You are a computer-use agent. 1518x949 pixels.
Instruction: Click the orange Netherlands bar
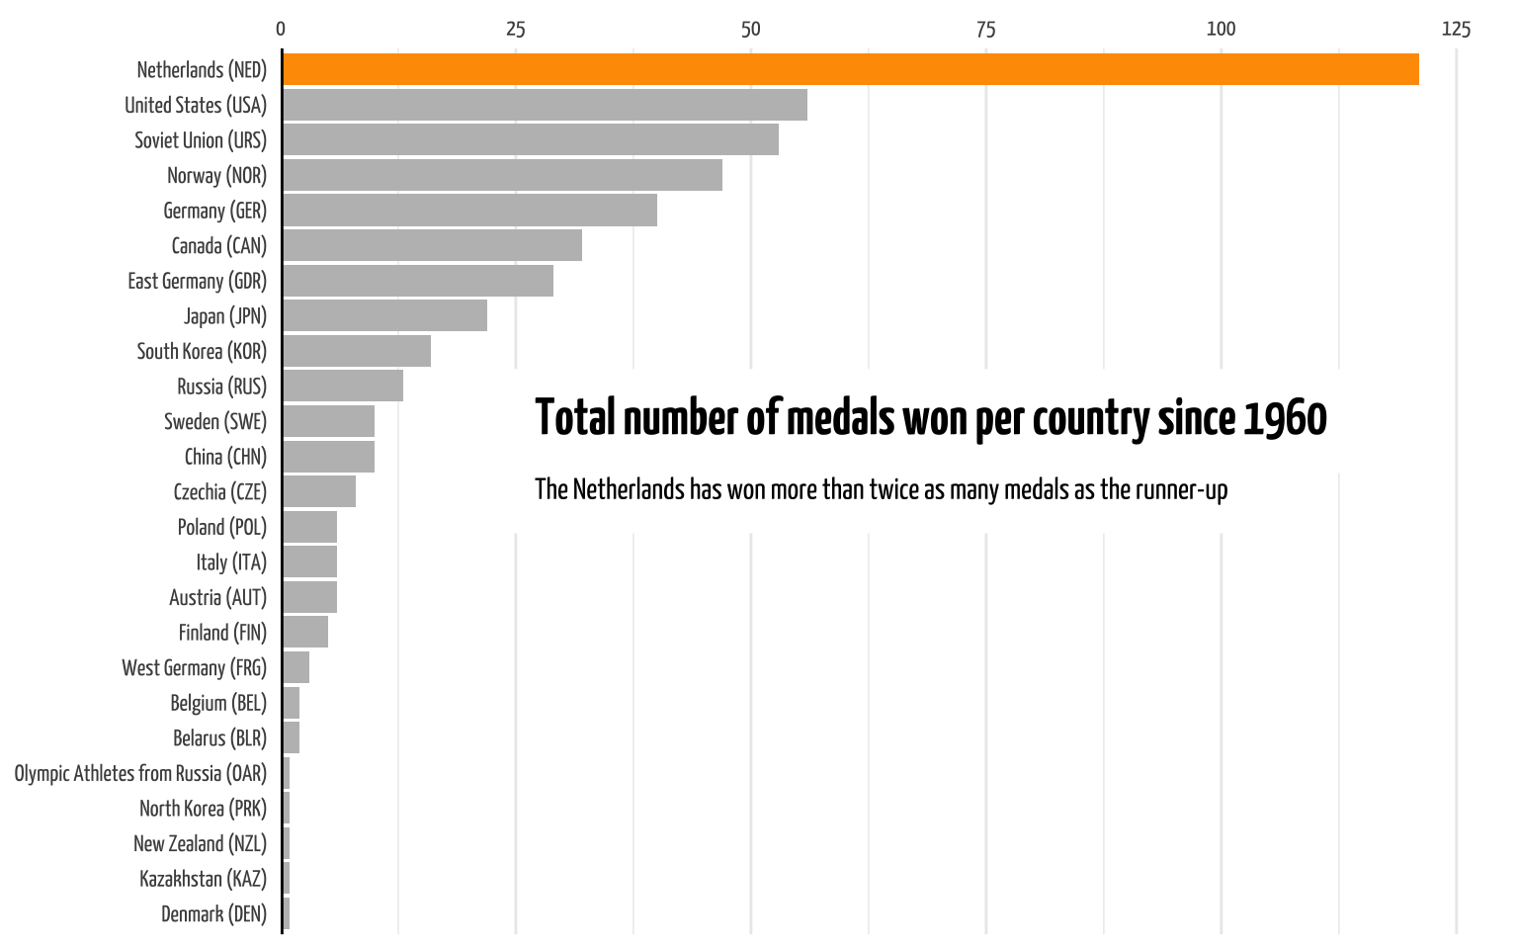pyautogui.click(x=850, y=69)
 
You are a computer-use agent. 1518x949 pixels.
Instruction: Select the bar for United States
pyautogui.click(x=545, y=105)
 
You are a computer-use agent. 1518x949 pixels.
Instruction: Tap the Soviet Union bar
pyautogui.click(x=531, y=140)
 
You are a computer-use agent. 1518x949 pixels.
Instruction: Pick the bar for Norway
pyautogui.click(x=502, y=175)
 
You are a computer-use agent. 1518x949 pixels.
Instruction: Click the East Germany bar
pyautogui.click(x=418, y=281)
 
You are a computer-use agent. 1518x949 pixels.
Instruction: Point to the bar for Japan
pyautogui.click(x=384, y=316)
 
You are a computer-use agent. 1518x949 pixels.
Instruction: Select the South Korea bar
pyautogui.click(x=357, y=351)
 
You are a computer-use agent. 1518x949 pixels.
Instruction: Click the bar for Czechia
pyautogui.click(x=319, y=491)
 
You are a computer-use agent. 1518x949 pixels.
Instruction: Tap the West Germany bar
pyautogui.click(x=296, y=667)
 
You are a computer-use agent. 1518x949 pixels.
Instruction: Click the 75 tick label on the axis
pyautogui.click(x=985, y=30)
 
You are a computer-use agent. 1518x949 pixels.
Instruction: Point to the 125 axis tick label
pyautogui.click(x=1456, y=30)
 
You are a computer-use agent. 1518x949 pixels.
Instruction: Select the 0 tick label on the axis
pyautogui.click(x=281, y=30)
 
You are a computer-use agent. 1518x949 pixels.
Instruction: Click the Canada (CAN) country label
pyautogui.click(x=218, y=246)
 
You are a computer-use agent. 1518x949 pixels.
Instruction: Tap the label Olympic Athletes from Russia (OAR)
pyautogui.click(x=140, y=773)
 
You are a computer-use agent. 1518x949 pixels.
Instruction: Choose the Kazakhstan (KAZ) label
pyautogui.click(x=203, y=879)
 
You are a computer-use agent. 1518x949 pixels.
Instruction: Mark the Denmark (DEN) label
pyautogui.click(x=213, y=913)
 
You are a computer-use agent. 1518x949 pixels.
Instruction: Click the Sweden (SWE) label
pyautogui.click(x=215, y=422)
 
